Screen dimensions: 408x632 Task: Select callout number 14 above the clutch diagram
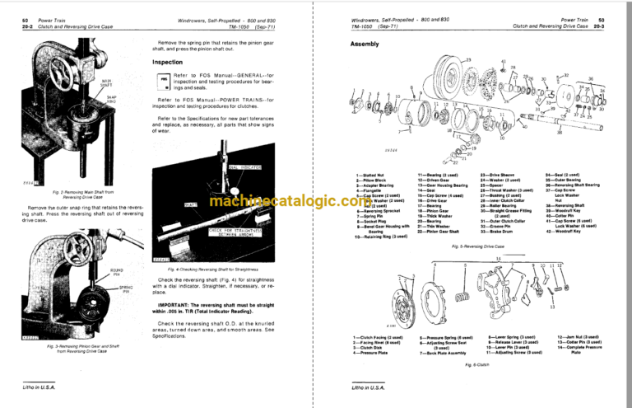[498, 258]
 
